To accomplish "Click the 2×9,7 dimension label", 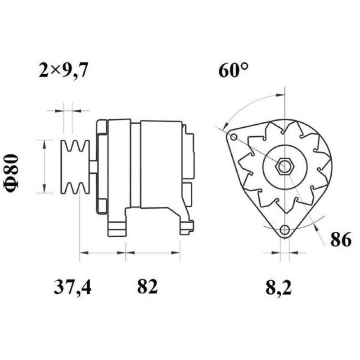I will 64,71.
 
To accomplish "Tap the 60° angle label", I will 234,71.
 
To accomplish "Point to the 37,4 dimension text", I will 72,287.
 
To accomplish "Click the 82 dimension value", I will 148,287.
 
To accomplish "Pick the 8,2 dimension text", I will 279,287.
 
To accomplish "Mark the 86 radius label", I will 340,241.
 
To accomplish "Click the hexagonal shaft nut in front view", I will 284,167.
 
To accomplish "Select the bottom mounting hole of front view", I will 284,230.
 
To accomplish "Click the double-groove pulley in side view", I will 75,167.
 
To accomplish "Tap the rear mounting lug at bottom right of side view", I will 185,225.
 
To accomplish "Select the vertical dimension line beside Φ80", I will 44,166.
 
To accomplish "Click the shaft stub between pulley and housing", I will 93,167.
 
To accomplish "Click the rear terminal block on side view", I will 189,153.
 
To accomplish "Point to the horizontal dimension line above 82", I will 153,253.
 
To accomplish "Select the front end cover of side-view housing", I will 102,166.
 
